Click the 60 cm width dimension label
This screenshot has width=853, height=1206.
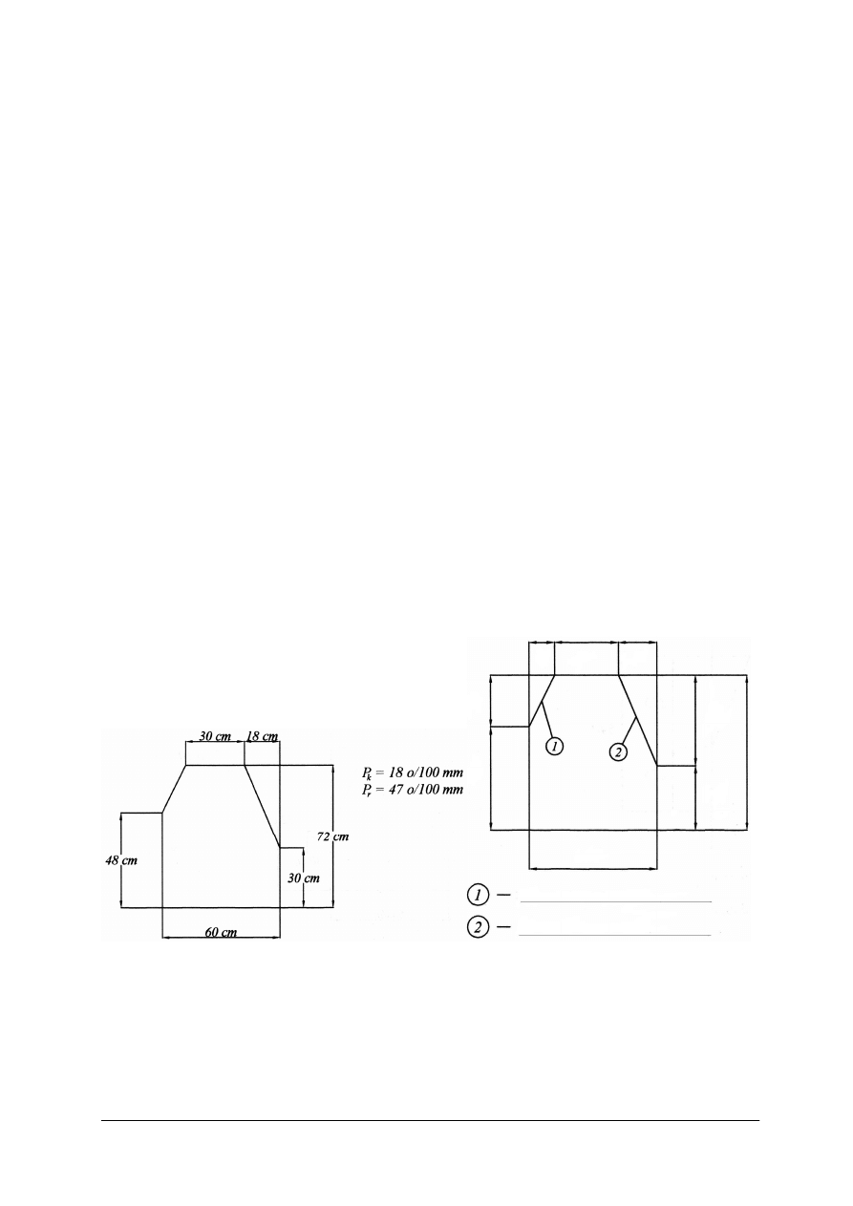coord(221,932)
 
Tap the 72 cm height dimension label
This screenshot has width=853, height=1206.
coord(332,836)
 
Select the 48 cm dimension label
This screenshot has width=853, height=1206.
coord(121,860)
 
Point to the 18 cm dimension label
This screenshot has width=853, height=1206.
coord(263,736)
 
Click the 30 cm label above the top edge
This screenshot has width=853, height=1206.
coord(215,736)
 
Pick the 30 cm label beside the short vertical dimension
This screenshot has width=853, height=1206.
coord(303,878)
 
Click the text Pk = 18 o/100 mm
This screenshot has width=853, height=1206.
coord(413,773)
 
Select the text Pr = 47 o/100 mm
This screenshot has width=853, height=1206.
coord(413,790)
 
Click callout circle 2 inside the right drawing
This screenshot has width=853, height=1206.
coord(618,751)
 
